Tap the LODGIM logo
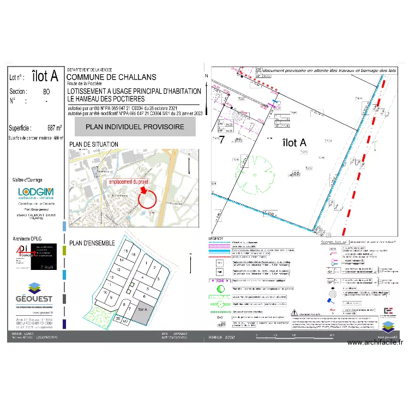[36, 193]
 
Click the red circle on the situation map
[151, 199]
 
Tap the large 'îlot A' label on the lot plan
[295, 142]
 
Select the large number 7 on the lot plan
[222, 139]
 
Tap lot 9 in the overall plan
[111, 298]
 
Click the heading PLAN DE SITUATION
[93, 144]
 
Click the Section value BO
[46, 92]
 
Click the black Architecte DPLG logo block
[44, 256]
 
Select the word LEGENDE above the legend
[216, 239]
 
